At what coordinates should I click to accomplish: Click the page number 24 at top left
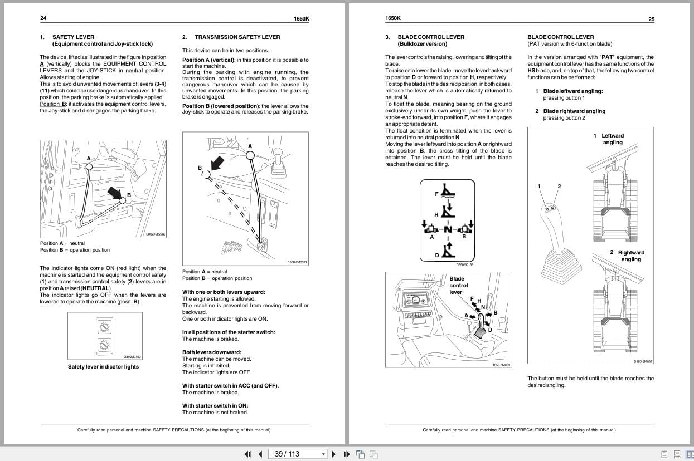click(43, 18)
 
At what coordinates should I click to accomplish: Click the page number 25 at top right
click(651, 19)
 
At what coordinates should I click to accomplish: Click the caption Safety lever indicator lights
click(103, 367)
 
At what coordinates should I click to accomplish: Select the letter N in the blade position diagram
click(448, 229)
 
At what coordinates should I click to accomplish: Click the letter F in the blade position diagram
click(436, 194)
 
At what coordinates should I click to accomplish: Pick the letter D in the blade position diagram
click(436, 256)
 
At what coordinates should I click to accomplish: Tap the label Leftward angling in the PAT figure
click(612, 139)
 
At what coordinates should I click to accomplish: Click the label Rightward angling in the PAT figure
click(630, 256)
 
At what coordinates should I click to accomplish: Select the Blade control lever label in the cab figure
click(458, 285)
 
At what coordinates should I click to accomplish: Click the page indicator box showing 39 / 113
click(297, 454)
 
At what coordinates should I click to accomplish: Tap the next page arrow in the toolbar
click(334, 454)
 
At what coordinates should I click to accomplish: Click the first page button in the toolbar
click(247, 454)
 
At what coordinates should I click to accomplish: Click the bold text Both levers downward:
click(211, 352)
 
